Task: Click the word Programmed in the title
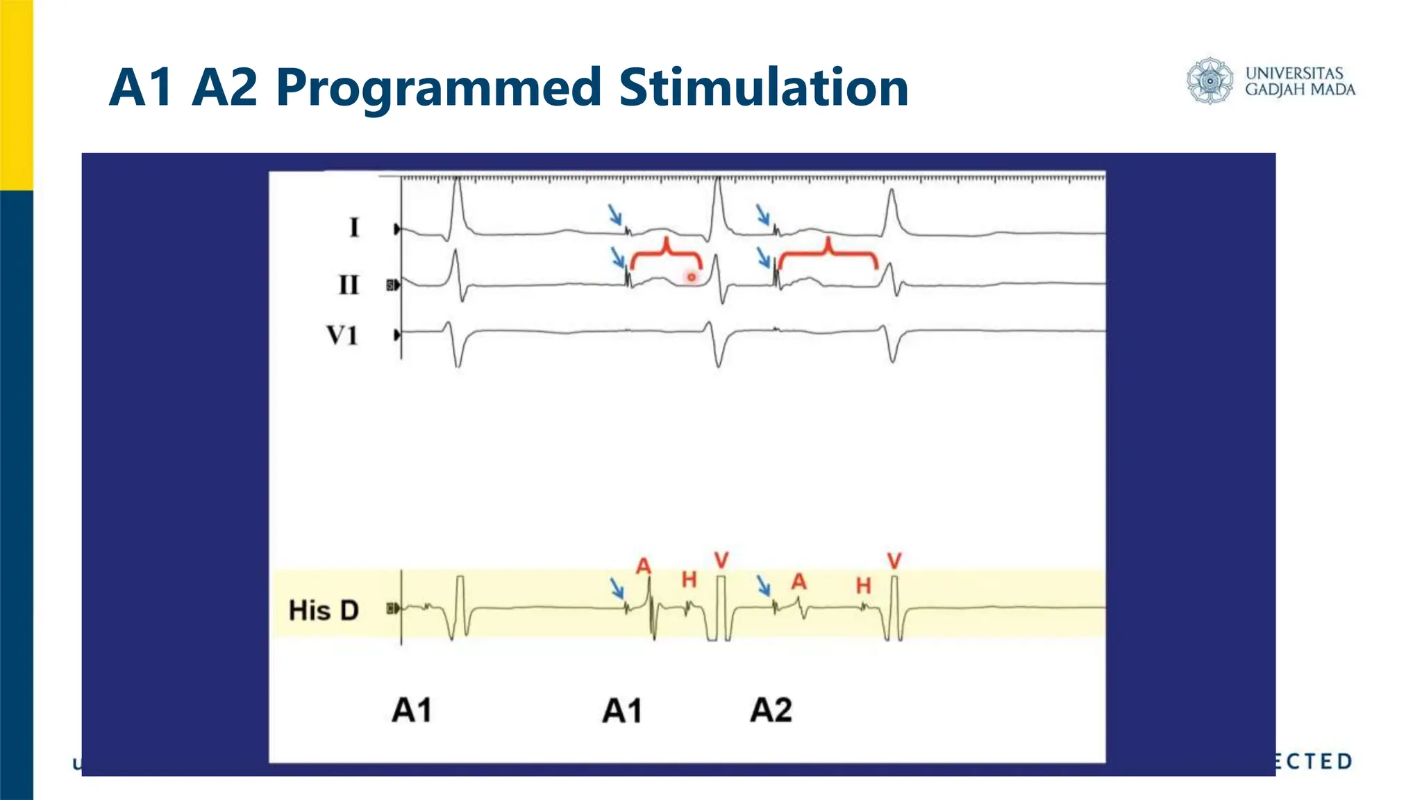click(437, 88)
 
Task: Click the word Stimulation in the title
click(763, 88)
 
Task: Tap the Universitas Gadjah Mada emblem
click(1210, 81)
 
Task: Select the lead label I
click(354, 228)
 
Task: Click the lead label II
click(349, 285)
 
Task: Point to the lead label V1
click(342, 335)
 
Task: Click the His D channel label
click(324, 610)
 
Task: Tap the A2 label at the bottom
click(771, 710)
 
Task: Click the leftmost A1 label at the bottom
click(412, 710)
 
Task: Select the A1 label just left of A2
click(622, 711)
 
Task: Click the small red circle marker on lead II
click(692, 277)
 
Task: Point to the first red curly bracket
click(667, 254)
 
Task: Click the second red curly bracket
click(828, 254)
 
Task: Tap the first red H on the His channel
click(689, 579)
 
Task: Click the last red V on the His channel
click(894, 560)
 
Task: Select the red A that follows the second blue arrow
click(799, 581)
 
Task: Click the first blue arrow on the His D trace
click(617, 587)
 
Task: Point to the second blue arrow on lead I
click(762, 214)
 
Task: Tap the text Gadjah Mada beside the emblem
click(1300, 90)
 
